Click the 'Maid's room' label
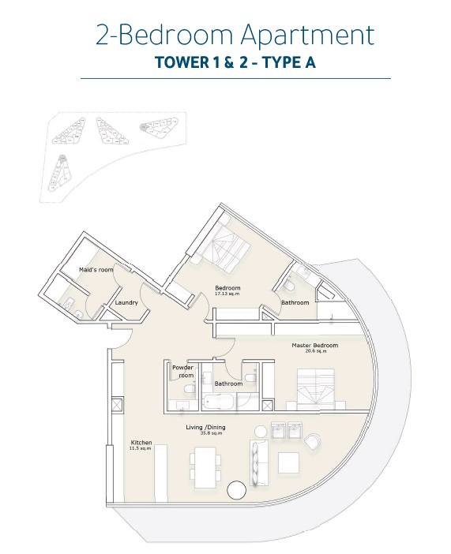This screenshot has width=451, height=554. [x=96, y=270]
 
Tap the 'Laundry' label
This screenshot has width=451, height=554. [x=126, y=302]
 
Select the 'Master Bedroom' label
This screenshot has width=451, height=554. [x=314, y=346]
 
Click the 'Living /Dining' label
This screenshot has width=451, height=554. [x=205, y=427]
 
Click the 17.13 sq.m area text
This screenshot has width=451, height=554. [x=227, y=294]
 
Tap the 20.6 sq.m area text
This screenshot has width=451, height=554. [x=314, y=352]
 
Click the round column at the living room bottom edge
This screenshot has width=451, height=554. [x=237, y=490]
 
